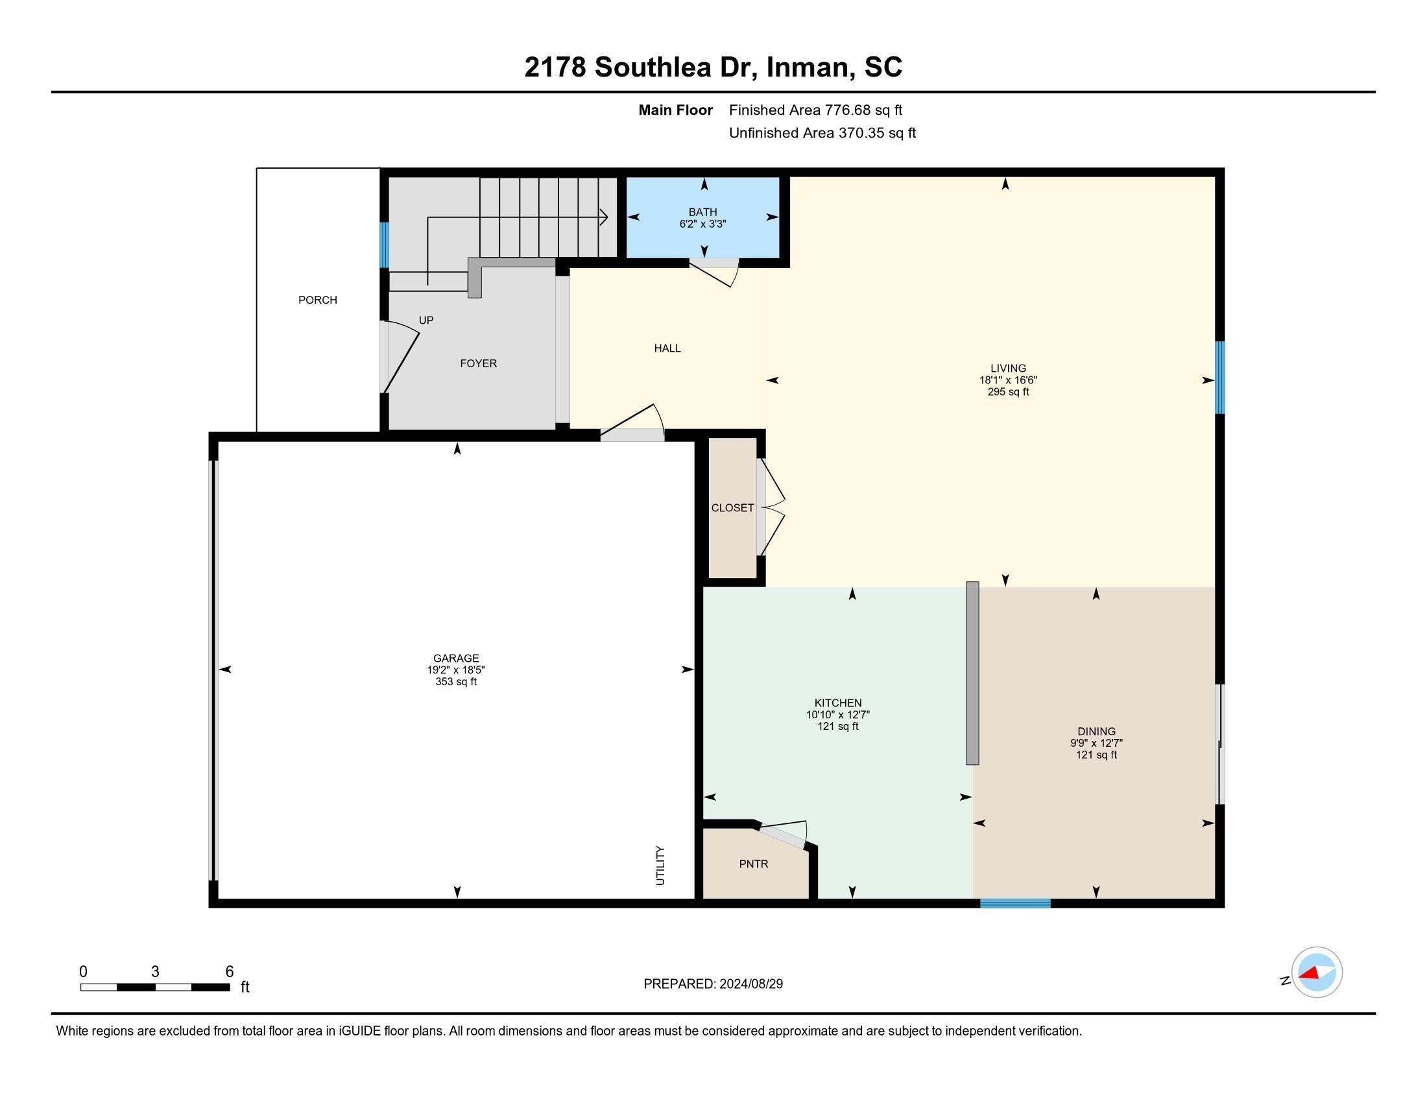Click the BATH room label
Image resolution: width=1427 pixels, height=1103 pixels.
point(702,212)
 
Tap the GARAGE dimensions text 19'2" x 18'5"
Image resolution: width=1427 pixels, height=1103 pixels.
point(455,670)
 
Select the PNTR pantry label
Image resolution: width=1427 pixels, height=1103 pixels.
point(753,864)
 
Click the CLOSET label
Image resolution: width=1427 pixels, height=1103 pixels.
point(732,508)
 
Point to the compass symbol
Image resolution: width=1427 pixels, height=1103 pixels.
point(1316,972)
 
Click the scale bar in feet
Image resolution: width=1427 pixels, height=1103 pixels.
point(155,987)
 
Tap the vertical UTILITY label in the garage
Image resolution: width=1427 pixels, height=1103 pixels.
point(660,865)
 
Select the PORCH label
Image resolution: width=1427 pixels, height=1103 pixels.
point(318,300)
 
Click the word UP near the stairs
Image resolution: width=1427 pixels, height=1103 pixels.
point(426,320)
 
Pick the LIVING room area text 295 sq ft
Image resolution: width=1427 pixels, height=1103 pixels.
point(1007,392)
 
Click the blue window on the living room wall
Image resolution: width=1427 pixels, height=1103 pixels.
point(1219,377)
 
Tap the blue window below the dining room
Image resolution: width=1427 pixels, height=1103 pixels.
point(1014,904)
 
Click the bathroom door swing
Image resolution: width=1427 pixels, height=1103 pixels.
point(715,273)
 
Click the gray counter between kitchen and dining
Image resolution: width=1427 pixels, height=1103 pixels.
point(972,672)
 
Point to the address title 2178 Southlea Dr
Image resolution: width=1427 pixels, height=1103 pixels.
point(713,67)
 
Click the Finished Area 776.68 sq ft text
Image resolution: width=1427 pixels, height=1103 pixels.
point(815,110)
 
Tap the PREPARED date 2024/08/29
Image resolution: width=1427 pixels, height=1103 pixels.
point(713,984)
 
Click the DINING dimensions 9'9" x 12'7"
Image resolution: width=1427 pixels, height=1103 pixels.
point(1096,743)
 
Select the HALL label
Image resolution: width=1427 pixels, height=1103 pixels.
point(667,348)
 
